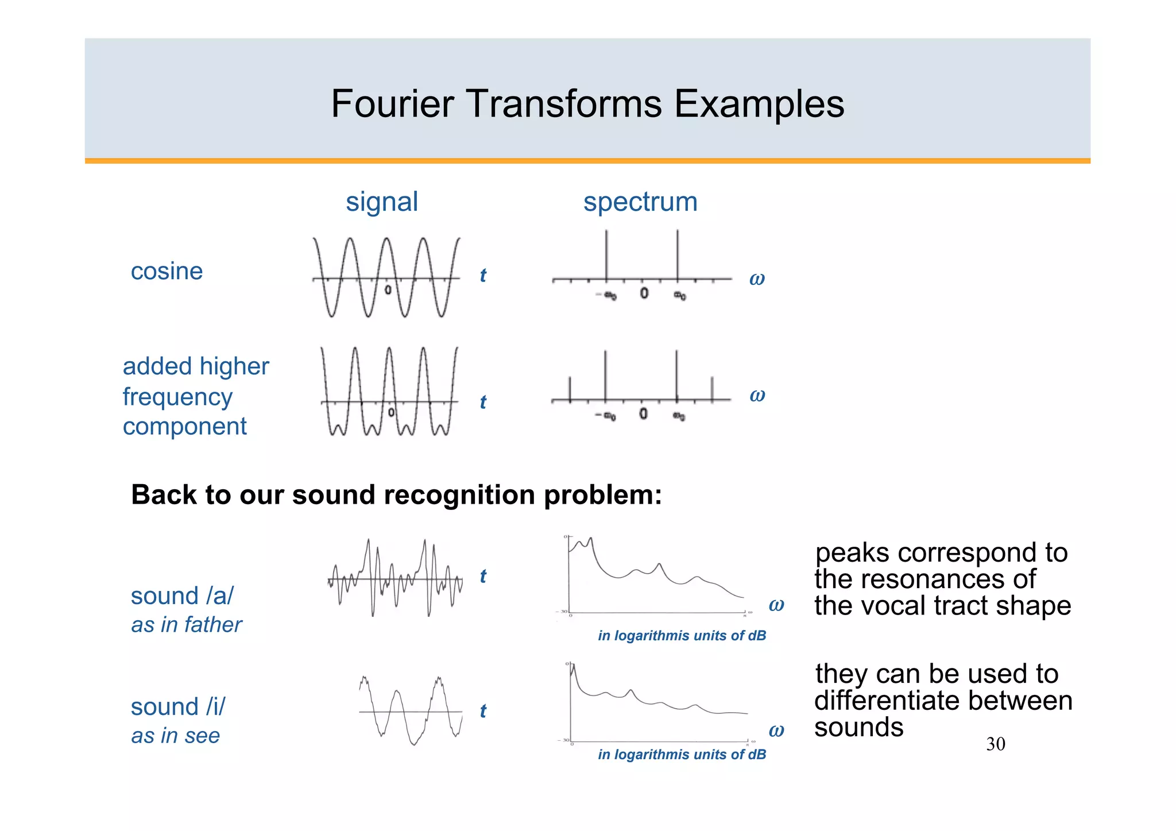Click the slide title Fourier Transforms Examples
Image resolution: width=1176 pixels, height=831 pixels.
pyautogui.click(x=587, y=104)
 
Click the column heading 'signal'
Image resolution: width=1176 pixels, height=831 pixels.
pyautogui.click(x=382, y=202)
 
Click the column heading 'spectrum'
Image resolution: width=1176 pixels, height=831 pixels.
pyautogui.click(x=640, y=202)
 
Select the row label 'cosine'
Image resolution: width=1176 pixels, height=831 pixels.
pyautogui.click(x=167, y=271)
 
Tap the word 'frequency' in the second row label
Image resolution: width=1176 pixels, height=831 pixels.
pyautogui.click(x=177, y=397)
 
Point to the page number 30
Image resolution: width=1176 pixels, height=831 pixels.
pyautogui.click(x=995, y=744)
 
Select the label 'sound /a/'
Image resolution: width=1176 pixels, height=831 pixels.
pyautogui.click(x=182, y=596)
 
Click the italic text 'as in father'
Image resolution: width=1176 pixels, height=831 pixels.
pyautogui.click(x=187, y=625)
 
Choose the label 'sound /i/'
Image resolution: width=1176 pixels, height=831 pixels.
pyautogui.click(x=178, y=707)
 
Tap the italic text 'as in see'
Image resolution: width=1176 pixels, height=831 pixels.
pyautogui.click(x=176, y=736)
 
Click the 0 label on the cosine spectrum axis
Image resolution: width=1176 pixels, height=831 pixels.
pyautogui.click(x=644, y=293)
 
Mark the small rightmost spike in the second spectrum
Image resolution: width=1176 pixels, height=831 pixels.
pyautogui.click(x=712, y=389)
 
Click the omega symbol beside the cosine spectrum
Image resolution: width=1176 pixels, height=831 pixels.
pyautogui.click(x=757, y=279)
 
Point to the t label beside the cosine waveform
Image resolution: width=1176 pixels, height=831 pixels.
pyautogui.click(x=483, y=276)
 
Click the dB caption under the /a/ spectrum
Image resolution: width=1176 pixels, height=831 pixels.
pyautogui.click(x=682, y=636)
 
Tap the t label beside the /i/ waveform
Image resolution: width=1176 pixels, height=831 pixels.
pyautogui.click(x=483, y=711)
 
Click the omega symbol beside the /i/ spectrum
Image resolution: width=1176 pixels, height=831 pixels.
pyautogui.click(x=776, y=730)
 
